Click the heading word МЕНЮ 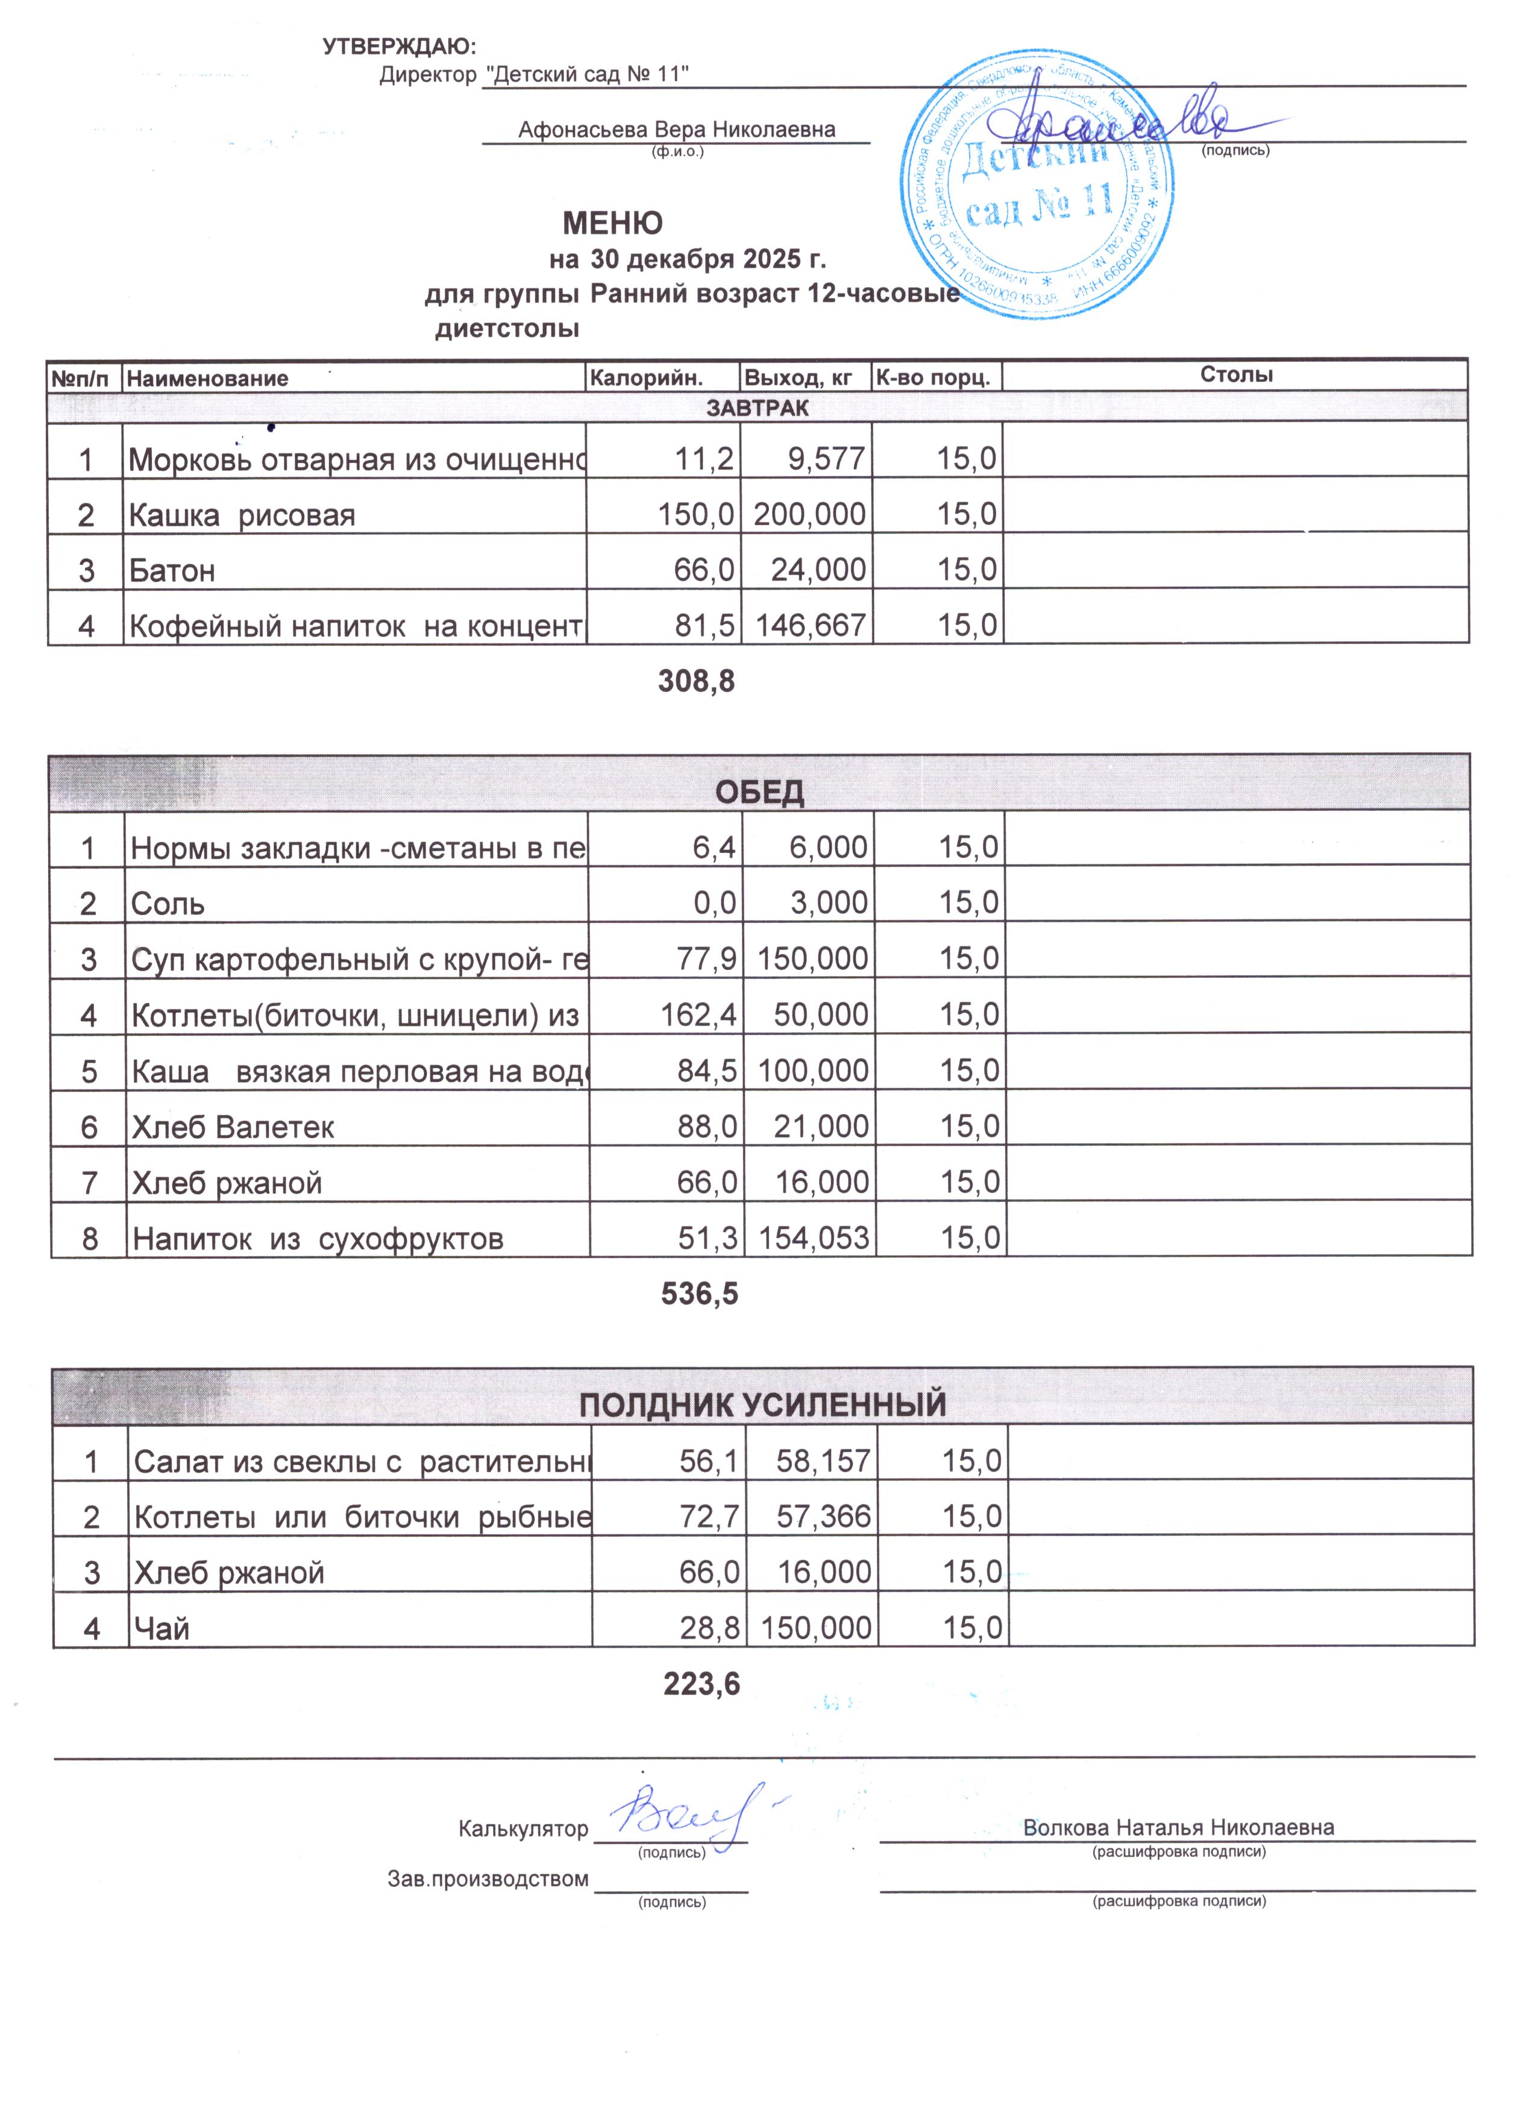pos(613,224)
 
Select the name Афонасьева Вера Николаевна pos(676,130)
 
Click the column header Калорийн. pos(646,379)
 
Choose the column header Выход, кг pos(799,379)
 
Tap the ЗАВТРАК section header pos(758,408)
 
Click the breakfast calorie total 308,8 pos(697,682)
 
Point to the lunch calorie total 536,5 pos(700,1294)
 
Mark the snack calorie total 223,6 pos(702,1684)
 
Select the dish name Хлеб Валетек pos(233,1127)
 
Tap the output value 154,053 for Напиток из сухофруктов pos(814,1238)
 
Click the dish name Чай pos(162,1629)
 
